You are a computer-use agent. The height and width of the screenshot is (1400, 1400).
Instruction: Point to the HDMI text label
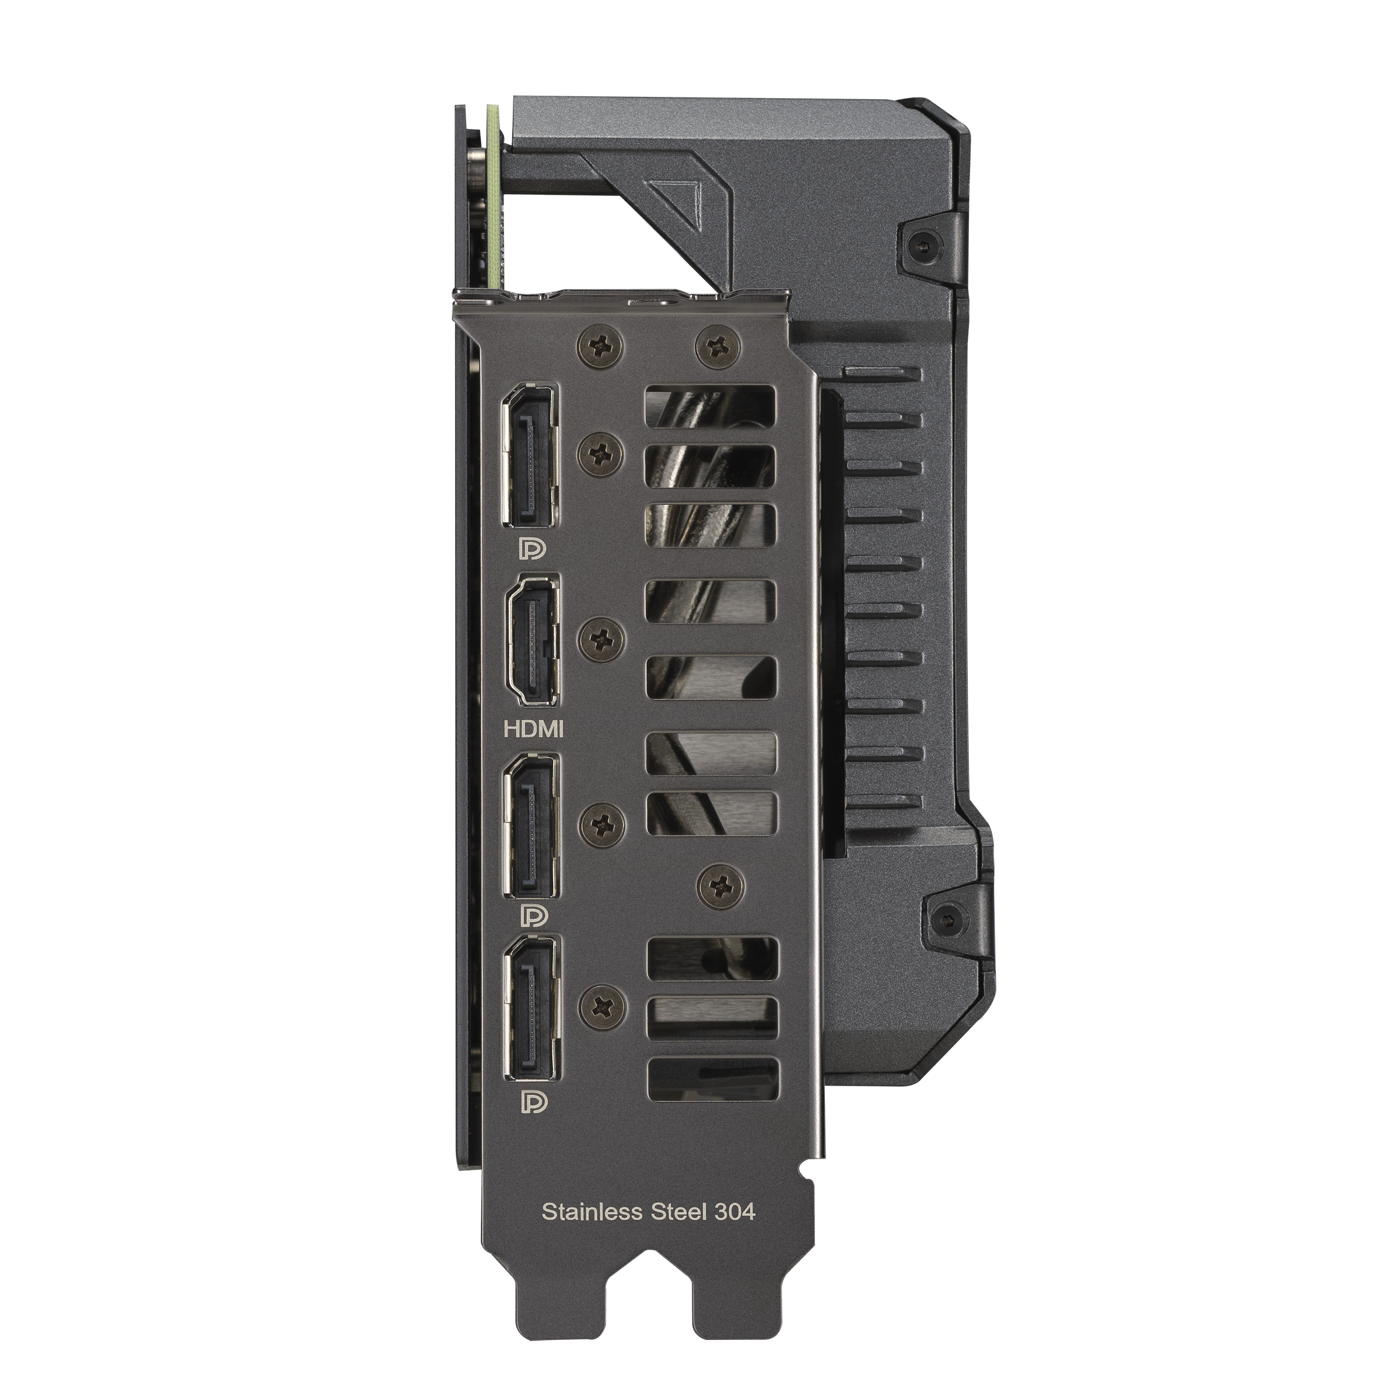[x=533, y=730]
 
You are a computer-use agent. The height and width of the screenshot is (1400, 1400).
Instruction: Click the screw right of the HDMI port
[x=603, y=638]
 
